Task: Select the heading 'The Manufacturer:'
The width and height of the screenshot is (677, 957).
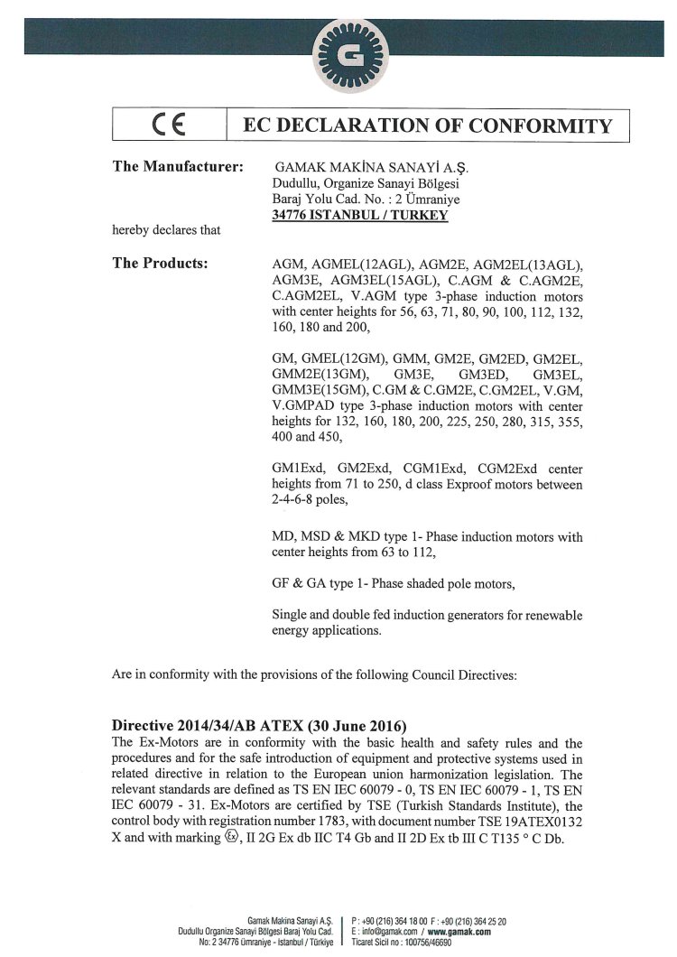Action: (177, 167)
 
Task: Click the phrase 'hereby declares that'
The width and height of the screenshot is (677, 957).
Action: (166, 230)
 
